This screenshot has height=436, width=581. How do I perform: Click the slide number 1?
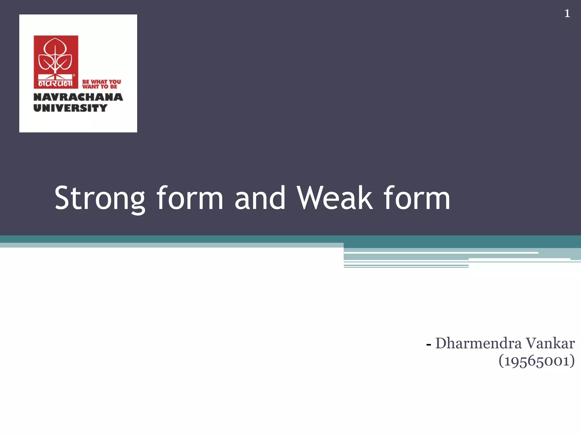point(567,14)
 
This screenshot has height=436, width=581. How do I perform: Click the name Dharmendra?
point(478,343)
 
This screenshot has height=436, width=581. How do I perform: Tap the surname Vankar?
point(550,343)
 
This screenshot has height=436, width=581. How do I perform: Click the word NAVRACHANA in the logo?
point(78,97)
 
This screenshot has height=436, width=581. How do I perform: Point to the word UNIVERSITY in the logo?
point(70,108)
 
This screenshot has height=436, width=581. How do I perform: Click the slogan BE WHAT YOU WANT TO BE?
point(101,84)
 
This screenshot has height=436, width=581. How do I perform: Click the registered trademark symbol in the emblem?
point(74,76)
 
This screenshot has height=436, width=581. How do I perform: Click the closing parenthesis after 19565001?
point(572,361)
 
